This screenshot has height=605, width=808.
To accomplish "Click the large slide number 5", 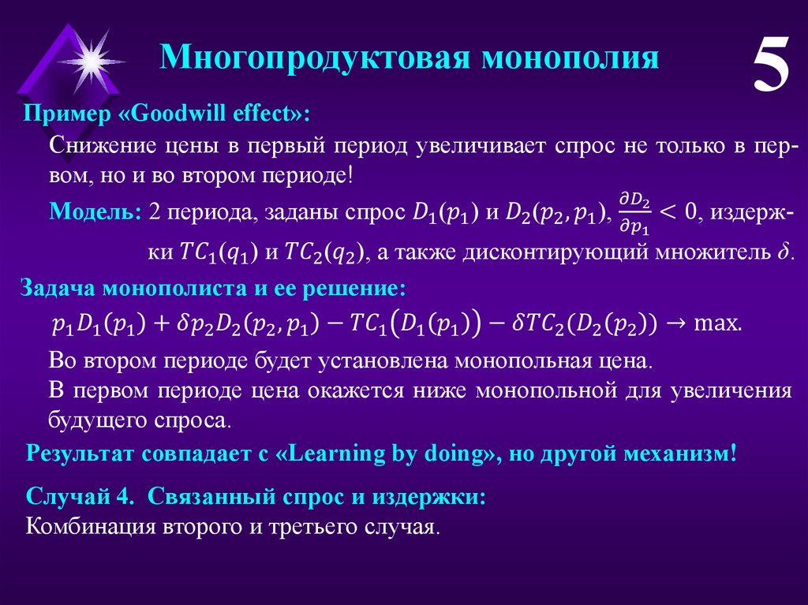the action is coord(771,65).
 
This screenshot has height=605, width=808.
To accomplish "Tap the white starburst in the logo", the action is coord(92,62).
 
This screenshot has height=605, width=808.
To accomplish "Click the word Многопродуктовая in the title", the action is coord(316,57).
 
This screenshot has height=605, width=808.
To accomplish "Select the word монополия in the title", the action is coord(570,57).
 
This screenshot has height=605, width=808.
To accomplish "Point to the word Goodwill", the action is coord(179,113).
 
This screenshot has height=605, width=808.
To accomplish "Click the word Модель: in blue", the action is coord(95,211).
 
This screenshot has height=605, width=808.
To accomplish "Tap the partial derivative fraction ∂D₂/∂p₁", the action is coord(634,212).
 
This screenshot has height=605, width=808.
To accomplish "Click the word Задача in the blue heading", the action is coord(58,288).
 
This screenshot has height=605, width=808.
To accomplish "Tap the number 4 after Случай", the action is coord(122,496).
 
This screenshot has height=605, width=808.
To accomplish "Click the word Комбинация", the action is coord(90,527).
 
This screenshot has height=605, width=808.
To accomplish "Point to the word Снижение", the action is coord(102,146).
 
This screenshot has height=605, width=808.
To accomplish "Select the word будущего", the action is coord(97,420).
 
